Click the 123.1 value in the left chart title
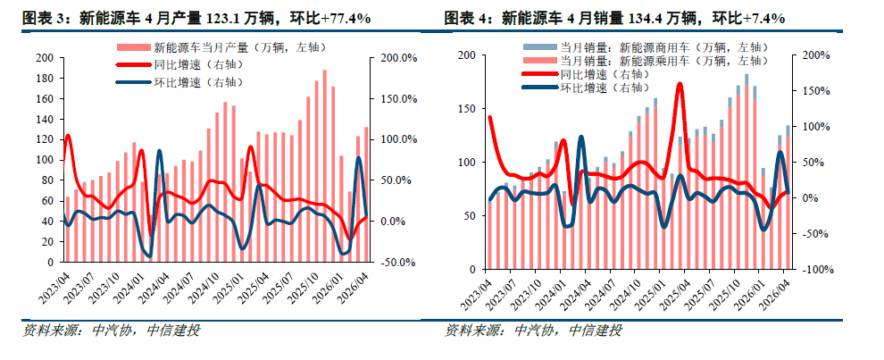point(214,18)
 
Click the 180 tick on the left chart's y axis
point(46,79)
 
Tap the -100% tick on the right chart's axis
point(816,271)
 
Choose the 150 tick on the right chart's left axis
point(466,108)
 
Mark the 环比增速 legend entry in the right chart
point(585,88)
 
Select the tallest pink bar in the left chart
point(325,166)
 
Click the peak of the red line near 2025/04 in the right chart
point(680,85)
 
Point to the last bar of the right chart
point(788,197)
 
